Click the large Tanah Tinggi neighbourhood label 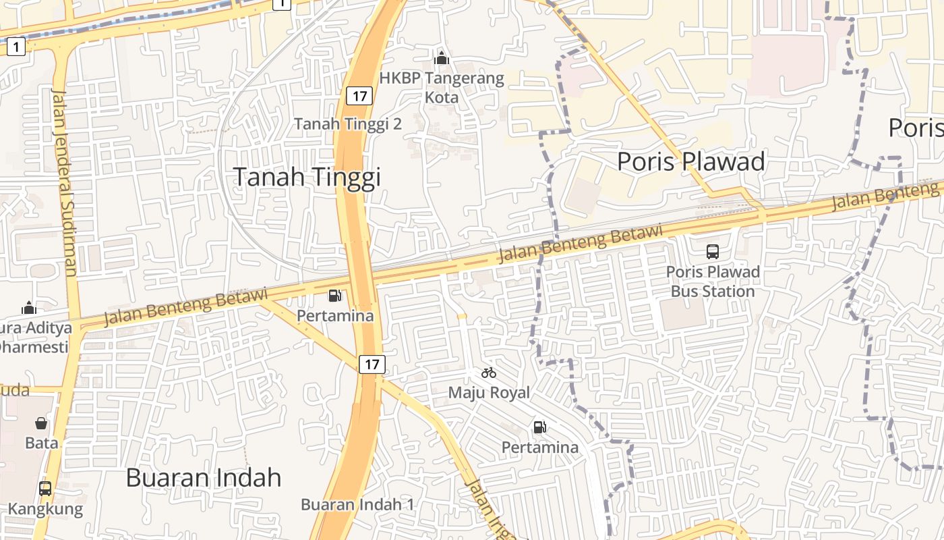click(307, 177)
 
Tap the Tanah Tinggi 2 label click(348, 124)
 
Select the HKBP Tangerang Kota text click(442, 88)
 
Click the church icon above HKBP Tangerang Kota click(442, 59)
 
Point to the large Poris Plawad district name click(691, 162)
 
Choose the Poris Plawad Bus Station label click(713, 282)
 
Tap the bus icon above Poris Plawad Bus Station click(713, 252)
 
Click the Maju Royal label click(489, 392)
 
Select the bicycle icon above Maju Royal click(489, 373)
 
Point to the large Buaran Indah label click(203, 478)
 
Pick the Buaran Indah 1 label click(357, 504)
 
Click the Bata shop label click(41, 443)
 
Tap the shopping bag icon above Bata click(41, 423)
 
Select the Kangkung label click(45, 509)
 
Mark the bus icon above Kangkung click(45, 488)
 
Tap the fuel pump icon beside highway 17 click(334, 295)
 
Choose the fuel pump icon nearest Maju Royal click(539, 427)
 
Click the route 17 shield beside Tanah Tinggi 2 click(359, 96)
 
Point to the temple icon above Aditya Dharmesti click(29, 308)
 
